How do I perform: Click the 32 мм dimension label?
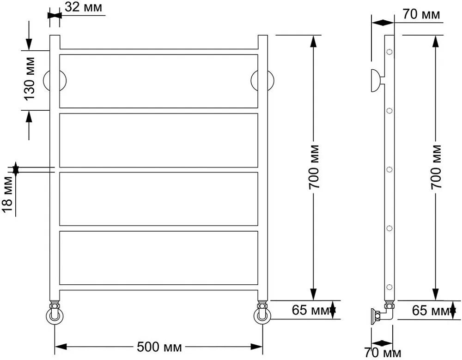[x=83, y=7]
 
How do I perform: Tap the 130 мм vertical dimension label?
[x=29, y=78]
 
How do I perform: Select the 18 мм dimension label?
[x=7, y=194]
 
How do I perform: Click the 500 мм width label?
[x=159, y=347]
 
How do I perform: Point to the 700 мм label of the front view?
[x=314, y=167]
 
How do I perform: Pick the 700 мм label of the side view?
[x=436, y=167]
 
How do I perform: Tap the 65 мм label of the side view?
[x=431, y=310]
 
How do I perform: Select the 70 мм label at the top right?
[x=421, y=14]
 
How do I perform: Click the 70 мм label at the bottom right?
[x=383, y=352]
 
